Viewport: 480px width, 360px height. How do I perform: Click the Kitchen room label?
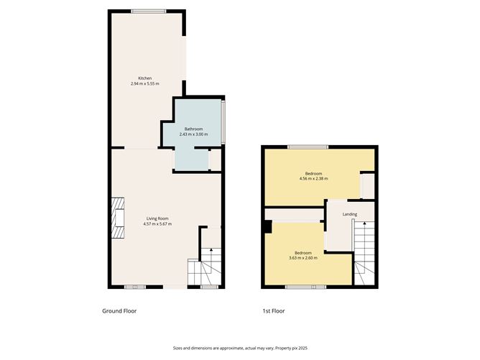coord(144,78)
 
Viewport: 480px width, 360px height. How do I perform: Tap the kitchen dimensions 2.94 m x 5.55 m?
coord(144,84)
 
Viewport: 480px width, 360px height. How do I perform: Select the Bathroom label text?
coord(193,129)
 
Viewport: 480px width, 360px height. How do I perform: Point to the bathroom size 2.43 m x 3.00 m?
coord(193,134)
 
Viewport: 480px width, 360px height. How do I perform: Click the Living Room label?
coord(157,218)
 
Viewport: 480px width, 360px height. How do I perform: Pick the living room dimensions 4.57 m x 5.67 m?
coord(157,224)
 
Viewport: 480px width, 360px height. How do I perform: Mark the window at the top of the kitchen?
coord(149,11)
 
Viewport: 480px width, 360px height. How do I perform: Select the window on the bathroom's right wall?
coord(223,119)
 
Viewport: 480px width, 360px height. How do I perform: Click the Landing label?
coord(349,214)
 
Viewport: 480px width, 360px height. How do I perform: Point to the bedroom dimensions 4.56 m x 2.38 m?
coord(313,179)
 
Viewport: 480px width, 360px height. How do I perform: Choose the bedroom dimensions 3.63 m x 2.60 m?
coord(303,257)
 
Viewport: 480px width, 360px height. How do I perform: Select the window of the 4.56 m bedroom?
coord(308,147)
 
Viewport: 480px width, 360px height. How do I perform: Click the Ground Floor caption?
coord(119,311)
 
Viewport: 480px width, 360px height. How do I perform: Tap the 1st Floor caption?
coord(273,311)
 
